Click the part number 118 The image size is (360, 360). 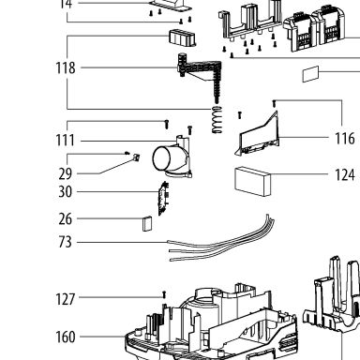pyautogui.click(x=66, y=68)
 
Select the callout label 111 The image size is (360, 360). pyautogui.click(x=65, y=141)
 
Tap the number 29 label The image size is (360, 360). pyautogui.click(x=65, y=173)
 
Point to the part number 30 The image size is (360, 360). pyautogui.click(x=65, y=191)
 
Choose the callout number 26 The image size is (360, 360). pyautogui.click(x=65, y=218)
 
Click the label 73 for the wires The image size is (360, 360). pyautogui.click(x=65, y=242)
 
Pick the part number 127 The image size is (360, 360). pyautogui.click(x=66, y=299)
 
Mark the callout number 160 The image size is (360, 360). pyautogui.click(x=66, y=337)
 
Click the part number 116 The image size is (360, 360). pyautogui.click(x=345, y=138)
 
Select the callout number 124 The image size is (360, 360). pyautogui.click(x=345, y=174)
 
